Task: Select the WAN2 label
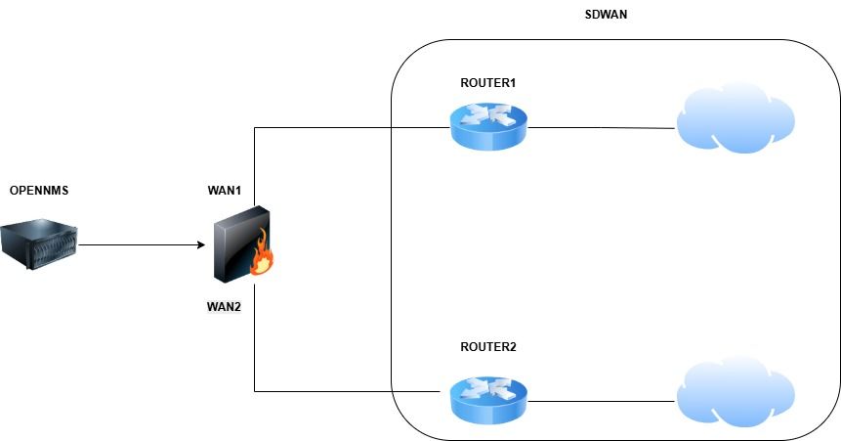tap(224, 306)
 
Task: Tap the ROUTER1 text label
tap(487, 83)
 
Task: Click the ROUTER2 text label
tap(487, 347)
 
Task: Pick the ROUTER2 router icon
tap(488, 399)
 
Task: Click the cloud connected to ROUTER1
tap(735, 121)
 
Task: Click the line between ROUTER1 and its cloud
tap(601, 127)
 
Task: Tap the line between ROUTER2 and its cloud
tap(601, 400)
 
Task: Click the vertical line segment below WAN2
tap(255, 352)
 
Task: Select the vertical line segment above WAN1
tap(255, 166)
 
